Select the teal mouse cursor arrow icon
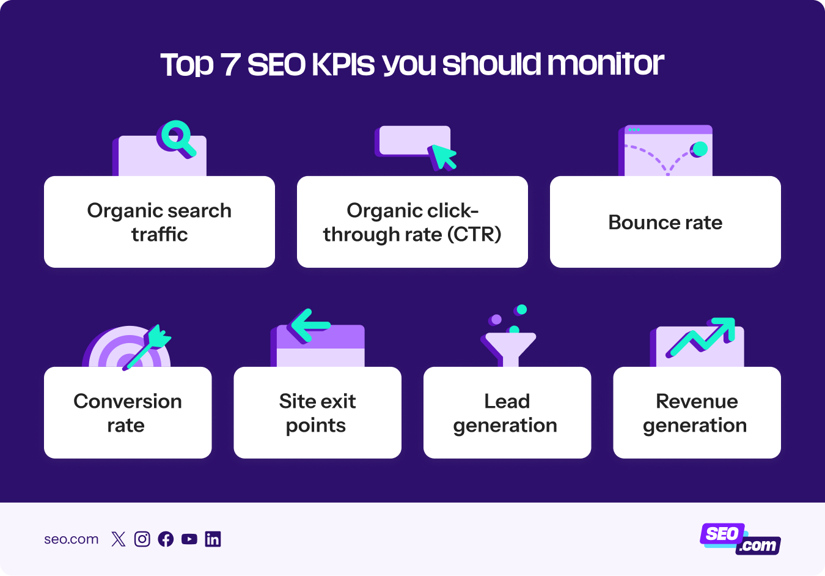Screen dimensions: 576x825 [443, 157]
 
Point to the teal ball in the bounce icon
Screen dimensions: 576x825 [699, 149]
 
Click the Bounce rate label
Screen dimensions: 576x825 [665, 223]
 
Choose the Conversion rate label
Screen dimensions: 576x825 [128, 413]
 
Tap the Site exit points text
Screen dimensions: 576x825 [317, 413]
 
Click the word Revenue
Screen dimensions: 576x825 [697, 402]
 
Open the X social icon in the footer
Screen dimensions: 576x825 [119, 539]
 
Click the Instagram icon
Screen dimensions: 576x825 [142, 539]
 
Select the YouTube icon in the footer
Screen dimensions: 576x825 [189, 539]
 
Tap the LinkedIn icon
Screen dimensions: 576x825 [213, 539]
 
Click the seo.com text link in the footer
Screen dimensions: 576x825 [71, 539]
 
